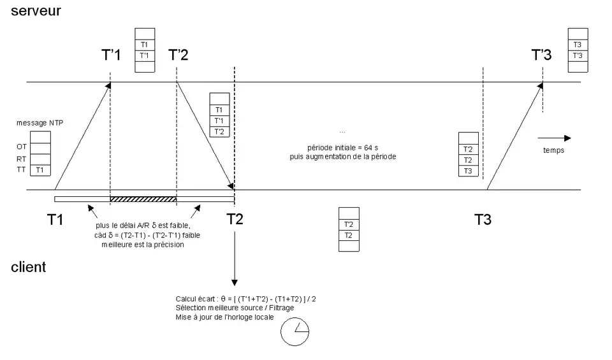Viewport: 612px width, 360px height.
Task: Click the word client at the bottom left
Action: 29,267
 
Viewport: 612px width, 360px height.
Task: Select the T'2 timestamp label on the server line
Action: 178,55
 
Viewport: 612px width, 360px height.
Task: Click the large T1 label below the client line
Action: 55,220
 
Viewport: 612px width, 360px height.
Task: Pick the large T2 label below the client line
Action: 235,220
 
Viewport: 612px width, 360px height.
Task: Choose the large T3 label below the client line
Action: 483,220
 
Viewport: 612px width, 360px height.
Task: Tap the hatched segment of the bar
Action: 143,199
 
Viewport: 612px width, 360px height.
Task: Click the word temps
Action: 553,151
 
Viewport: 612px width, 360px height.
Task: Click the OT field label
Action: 22,147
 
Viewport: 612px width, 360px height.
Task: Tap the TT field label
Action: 22,169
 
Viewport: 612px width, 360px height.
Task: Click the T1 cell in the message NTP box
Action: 40,169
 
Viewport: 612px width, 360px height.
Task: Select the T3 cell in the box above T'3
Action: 577,45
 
